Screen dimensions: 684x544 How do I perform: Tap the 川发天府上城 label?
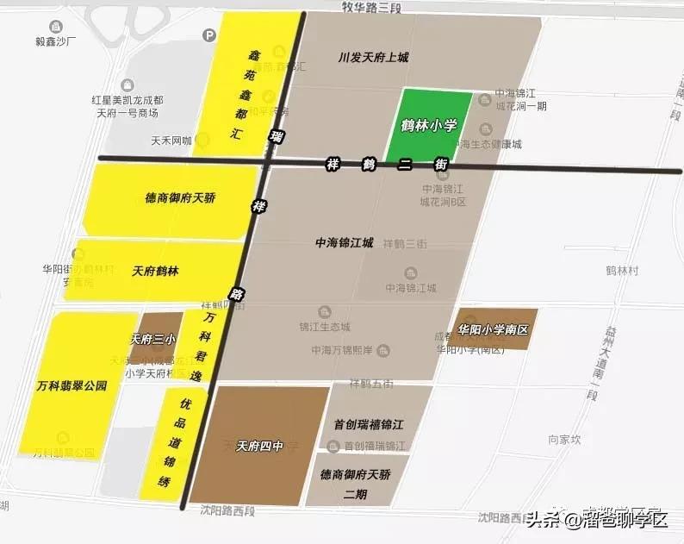(x=373, y=58)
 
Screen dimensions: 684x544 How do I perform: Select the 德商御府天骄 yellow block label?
(x=180, y=197)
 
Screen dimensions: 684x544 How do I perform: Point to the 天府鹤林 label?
(x=155, y=271)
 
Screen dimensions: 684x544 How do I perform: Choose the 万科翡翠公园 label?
(x=73, y=385)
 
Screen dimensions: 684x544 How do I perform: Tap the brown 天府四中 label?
(x=259, y=445)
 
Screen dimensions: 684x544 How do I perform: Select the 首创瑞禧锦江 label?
(x=369, y=424)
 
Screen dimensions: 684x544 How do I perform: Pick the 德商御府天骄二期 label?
(x=356, y=482)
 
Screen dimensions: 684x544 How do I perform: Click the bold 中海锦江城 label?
(x=345, y=243)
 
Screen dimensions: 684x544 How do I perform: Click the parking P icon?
(x=208, y=35)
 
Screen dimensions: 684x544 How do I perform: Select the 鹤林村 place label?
(x=621, y=270)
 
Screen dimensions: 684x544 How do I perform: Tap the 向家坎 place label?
(x=564, y=440)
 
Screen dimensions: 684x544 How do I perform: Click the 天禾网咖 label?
(x=170, y=140)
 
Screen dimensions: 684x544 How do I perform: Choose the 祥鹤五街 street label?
(x=370, y=382)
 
